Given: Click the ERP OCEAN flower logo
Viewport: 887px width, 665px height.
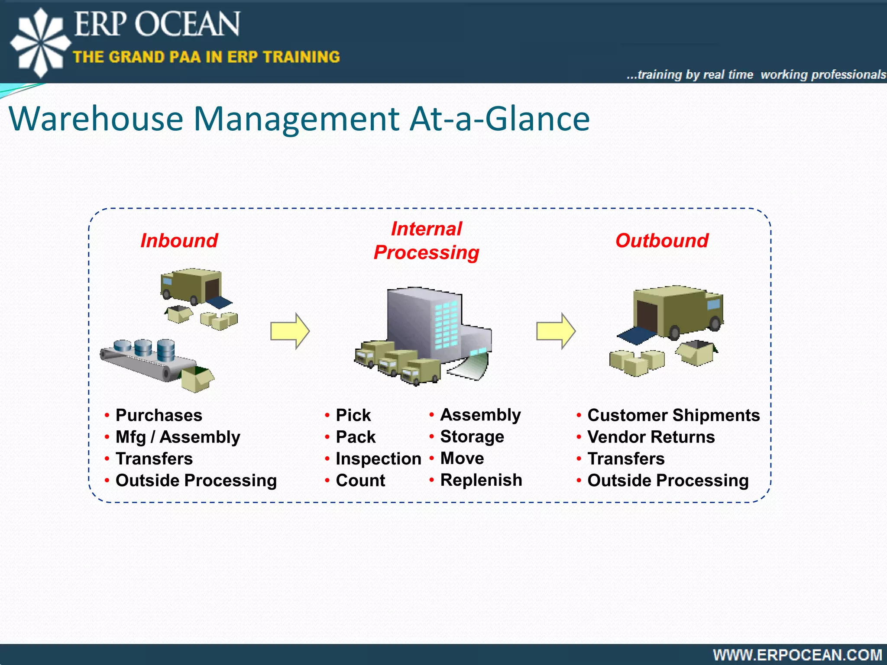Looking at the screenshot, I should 40,42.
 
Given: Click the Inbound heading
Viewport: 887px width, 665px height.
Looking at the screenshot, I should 179,241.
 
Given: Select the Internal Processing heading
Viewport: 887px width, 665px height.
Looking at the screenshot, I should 427,241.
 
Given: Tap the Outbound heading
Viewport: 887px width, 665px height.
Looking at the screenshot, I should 662,241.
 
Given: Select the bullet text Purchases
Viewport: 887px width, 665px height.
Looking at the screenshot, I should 159,415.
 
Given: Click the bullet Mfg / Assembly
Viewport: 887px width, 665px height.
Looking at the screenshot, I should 178,437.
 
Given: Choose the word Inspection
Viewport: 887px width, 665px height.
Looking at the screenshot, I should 378,459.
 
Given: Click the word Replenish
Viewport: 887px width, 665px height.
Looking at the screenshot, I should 481,480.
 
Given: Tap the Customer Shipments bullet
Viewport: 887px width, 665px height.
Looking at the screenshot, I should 673,415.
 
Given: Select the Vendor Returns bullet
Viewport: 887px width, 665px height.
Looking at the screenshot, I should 651,437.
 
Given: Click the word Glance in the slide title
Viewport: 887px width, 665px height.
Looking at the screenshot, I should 537,119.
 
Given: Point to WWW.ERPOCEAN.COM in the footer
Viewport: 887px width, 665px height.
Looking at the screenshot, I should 797,655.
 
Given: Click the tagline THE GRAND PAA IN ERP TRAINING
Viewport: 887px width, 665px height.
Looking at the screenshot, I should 206,57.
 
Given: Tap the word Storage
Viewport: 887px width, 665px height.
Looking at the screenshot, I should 472,437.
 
